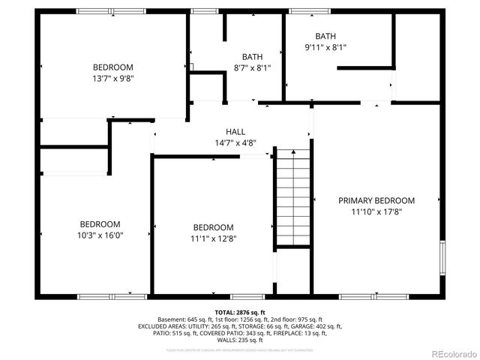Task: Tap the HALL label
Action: click(x=235, y=132)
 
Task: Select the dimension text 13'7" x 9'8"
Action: click(x=113, y=77)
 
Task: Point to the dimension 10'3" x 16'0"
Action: click(x=100, y=235)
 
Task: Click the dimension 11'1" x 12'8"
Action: click(x=213, y=238)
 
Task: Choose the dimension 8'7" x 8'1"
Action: click(x=252, y=67)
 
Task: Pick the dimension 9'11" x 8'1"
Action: click(x=325, y=46)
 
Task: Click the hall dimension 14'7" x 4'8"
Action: click(x=235, y=142)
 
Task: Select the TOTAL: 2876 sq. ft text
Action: click(x=240, y=312)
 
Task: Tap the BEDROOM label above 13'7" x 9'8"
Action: click(x=113, y=66)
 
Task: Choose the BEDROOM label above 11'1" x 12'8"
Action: click(x=213, y=227)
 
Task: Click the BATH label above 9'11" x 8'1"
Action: click(x=325, y=36)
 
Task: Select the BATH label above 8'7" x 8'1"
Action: click(x=252, y=57)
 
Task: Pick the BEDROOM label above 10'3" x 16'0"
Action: click(x=100, y=223)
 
